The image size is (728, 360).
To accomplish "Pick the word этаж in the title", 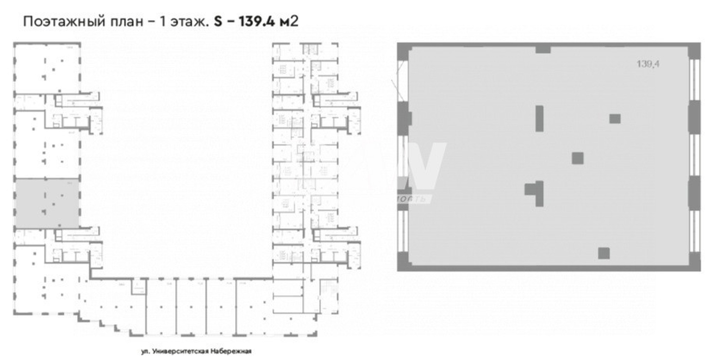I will [x=188, y=22].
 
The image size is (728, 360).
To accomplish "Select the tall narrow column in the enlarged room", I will [x=539, y=118].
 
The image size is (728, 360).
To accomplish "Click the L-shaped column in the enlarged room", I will [x=536, y=192].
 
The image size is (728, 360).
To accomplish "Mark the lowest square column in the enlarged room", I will [x=603, y=253].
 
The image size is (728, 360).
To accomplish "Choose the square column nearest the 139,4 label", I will [x=615, y=118].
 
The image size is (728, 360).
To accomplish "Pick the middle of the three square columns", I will [x=578, y=158].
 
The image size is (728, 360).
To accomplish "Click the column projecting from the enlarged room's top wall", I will [x=543, y=49].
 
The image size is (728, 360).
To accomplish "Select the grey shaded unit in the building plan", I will [x=47, y=203].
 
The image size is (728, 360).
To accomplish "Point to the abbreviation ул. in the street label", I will [x=144, y=351].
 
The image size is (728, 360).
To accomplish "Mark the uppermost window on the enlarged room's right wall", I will [x=695, y=80].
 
